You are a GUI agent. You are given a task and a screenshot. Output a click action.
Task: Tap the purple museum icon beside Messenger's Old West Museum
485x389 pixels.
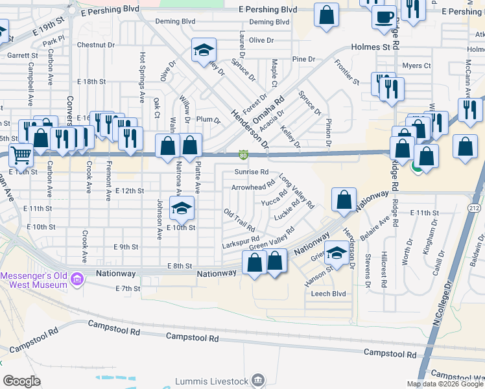(77, 280)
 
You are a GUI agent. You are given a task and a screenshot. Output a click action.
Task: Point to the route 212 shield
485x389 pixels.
(473, 207)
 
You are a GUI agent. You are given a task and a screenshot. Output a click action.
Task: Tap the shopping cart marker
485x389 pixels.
(21, 156)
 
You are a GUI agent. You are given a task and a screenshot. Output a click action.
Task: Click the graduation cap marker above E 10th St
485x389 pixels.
(182, 207)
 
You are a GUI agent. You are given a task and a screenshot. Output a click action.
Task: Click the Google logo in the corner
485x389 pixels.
(21, 381)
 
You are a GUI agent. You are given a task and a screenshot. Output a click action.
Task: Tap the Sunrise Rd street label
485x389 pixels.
(251, 172)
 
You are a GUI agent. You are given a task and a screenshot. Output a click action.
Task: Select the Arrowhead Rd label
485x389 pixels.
(254, 187)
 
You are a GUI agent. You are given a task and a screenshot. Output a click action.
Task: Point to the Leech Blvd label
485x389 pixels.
(329, 294)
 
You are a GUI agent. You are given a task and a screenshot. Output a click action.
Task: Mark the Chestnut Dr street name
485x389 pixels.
(95, 45)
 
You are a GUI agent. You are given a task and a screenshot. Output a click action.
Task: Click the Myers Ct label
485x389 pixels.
(416, 65)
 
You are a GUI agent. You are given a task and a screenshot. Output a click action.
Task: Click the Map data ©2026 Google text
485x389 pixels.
(444, 383)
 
